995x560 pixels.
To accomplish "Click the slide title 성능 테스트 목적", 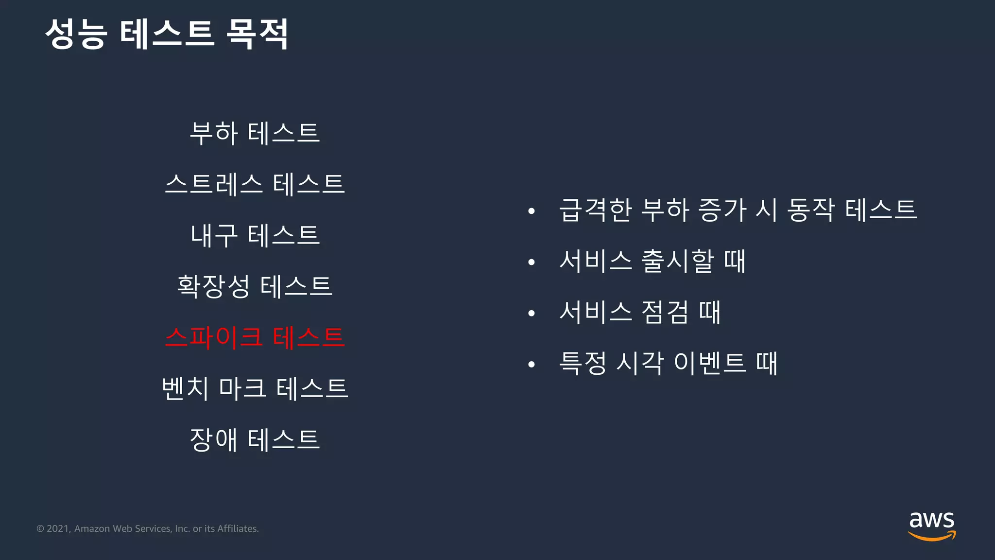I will tap(167, 34).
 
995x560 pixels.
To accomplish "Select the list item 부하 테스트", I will tap(255, 133).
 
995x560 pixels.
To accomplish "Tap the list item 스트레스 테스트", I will tap(255, 184).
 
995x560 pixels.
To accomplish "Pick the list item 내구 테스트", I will tap(255, 235).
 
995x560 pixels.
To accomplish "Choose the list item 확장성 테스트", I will tap(255, 286).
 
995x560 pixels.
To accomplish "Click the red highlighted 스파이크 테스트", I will tap(255, 337).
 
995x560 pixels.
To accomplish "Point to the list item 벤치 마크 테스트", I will tap(255, 388).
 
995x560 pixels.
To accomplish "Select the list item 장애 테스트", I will tap(255, 439).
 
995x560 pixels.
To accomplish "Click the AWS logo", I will tap(932, 525).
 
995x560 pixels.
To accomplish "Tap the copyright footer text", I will tap(148, 529).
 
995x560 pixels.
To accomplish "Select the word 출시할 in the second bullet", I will tap(677, 261).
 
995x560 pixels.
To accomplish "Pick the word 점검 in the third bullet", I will tap(665, 312).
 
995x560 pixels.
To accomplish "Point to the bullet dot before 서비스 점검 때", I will tap(532, 313).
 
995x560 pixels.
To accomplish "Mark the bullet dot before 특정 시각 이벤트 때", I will tap(532, 364).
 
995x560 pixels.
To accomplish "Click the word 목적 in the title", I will tap(257, 34).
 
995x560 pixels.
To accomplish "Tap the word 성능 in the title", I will tap(76, 34).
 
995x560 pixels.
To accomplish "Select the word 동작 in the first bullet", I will tap(810, 210).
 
